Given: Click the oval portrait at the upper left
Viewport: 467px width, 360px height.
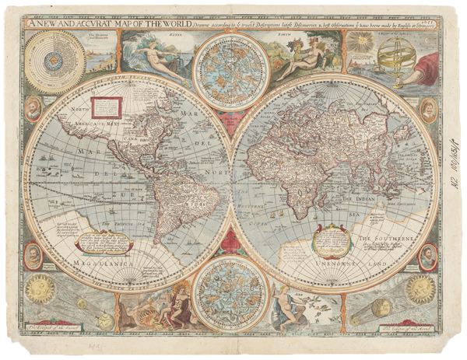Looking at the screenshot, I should pyautogui.click(x=33, y=109).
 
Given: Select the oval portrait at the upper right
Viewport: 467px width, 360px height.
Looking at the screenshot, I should pyautogui.click(x=427, y=110).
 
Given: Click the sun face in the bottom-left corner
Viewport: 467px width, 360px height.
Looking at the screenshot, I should pyautogui.click(x=40, y=288).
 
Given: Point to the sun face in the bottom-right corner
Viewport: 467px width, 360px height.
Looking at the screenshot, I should pyautogui.click(x=420, y=288).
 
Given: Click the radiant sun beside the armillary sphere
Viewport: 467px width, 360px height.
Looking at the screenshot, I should pyautogui.click(x=361, y=44).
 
